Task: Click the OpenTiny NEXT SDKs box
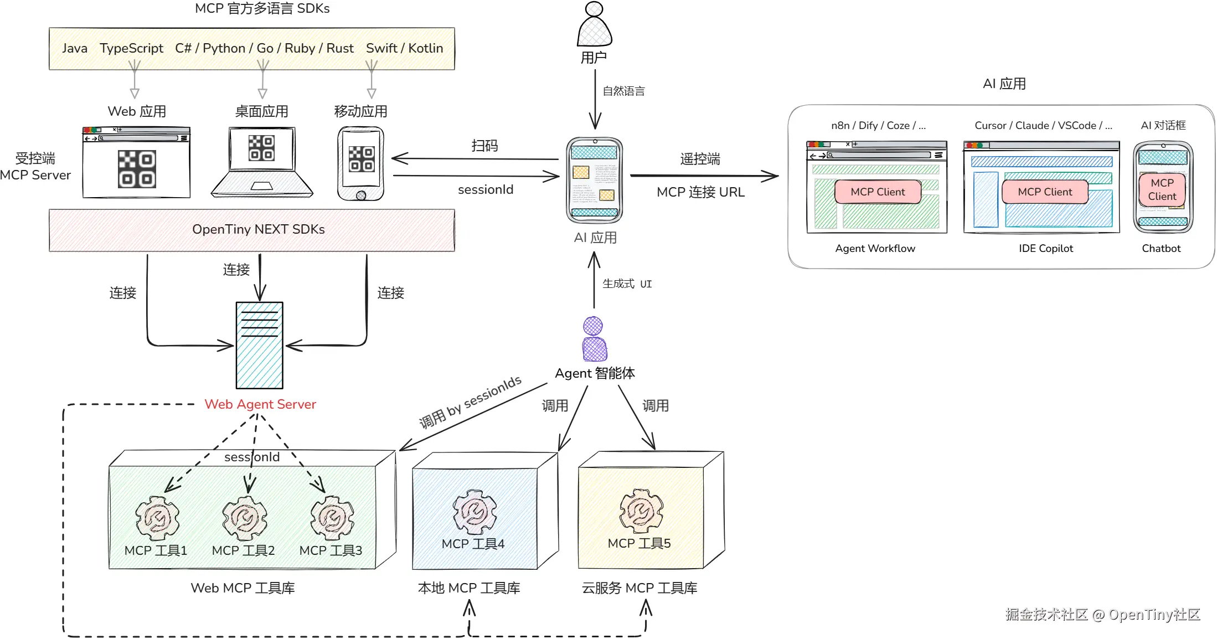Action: coord(252,230)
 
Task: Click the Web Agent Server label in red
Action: coord(260,405)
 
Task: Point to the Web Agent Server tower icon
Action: coord(260,345)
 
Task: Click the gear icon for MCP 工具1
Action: coord(157,518)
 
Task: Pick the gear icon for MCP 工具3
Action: coord(332,518)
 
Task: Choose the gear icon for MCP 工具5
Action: coord(641,511)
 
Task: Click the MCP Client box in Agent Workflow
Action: coord(878,192)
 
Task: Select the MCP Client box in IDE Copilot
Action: coord(1045,192)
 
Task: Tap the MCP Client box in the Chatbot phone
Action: coord(1162,190)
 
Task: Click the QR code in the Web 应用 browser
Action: coord(136,169)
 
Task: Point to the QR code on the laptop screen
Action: coord(261,148)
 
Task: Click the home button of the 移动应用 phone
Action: coord(361,195)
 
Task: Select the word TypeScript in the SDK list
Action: coord(131,49)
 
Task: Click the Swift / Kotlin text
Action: coord(404,49)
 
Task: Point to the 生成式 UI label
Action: coord(627,284)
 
